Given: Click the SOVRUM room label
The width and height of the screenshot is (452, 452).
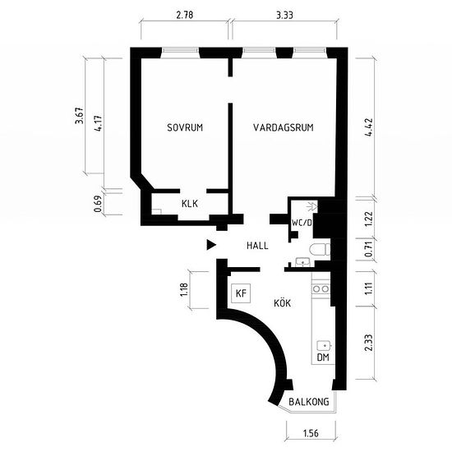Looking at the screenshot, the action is [185, 127].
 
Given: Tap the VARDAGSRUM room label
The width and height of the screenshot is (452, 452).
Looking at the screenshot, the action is [284, 127].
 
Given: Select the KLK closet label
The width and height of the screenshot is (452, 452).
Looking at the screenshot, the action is [190, 204].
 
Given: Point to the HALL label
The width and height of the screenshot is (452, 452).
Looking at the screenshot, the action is [257, 246].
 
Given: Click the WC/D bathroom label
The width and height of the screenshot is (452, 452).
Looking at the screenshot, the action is [302, 223].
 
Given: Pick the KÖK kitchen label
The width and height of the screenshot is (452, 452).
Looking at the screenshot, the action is [282, 302].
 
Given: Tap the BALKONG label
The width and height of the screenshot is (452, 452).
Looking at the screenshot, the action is [309, 402].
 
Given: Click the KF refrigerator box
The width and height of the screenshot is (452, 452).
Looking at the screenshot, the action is [241, 293].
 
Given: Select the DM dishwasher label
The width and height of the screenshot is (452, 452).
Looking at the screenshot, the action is [323, 357].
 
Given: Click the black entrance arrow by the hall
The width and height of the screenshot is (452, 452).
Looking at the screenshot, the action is [211, 245].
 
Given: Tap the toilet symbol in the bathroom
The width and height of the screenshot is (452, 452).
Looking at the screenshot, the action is [320, 250].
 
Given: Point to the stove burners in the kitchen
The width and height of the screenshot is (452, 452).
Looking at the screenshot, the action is [321, 288].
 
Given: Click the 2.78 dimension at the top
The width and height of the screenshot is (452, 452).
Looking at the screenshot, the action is [185, 15].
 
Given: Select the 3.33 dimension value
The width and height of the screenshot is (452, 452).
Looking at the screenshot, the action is [284, 15].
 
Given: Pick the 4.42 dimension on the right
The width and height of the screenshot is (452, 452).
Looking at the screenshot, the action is [369, 127].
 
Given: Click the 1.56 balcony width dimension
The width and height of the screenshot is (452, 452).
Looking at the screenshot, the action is [311, 433].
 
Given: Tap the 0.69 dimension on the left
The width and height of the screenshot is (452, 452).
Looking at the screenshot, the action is [98, 204].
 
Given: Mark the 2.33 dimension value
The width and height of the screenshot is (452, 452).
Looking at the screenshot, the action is [369, 343].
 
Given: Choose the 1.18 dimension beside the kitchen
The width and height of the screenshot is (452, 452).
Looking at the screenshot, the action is [183, 290].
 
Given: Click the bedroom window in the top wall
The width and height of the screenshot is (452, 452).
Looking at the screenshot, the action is [180, 50].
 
